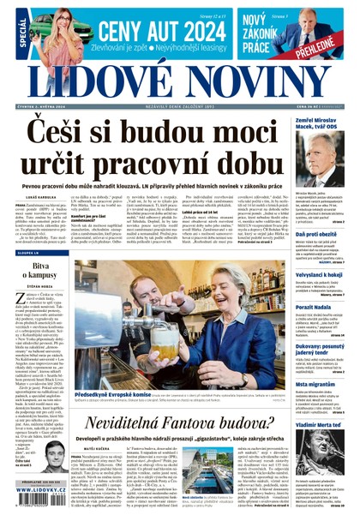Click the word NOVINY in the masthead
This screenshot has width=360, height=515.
pyautogui.click(x=235, y=78)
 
